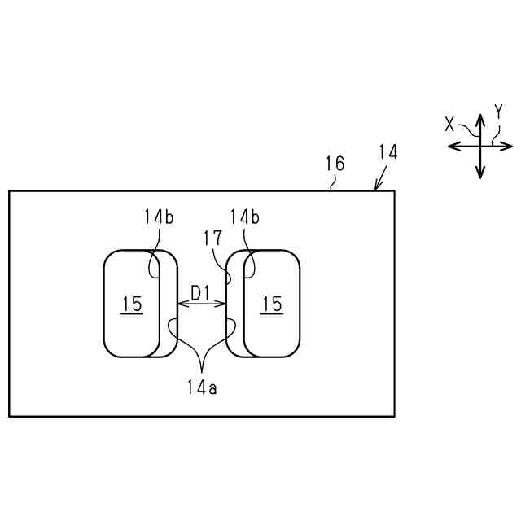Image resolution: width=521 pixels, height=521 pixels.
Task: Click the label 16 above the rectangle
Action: pos(335,164)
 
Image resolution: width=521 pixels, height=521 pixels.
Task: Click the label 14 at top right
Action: pos(387,152)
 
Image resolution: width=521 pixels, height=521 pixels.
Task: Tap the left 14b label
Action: pos(158,217)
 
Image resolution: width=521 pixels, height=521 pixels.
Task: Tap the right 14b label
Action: pos(244,217)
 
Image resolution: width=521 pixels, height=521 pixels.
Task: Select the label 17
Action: pos(213,239)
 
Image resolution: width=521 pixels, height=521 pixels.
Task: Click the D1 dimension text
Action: pos(201,291)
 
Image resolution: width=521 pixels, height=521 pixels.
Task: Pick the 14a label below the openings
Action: pos(201,388)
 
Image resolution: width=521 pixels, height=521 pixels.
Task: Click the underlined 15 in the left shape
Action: pos(132,304)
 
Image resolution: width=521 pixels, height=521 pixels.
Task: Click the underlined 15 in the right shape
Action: pos(272,304)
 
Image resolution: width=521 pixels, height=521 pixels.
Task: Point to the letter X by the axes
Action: pos(449,124)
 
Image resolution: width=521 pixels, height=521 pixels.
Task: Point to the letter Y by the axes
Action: pos(498,112)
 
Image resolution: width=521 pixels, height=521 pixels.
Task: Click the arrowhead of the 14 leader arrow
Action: pos(376,188)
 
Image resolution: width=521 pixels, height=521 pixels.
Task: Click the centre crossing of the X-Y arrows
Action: pos(480,147)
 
